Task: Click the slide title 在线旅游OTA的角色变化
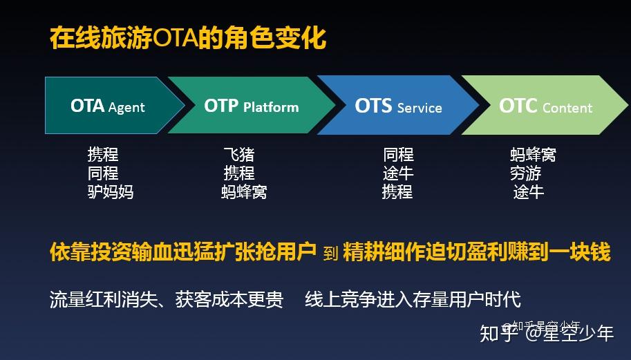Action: tap(187, 38)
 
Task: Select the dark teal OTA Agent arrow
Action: tap(107, 106)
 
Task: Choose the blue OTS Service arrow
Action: tap(398, 106)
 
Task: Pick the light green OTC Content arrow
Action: tap(545, 106)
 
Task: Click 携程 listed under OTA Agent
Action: tap(103, 154)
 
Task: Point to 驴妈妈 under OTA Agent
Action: tap(111, 191)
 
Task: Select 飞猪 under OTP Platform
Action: tap(239, 154)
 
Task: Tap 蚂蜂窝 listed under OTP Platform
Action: tap(244, 191)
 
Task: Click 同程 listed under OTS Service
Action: tap(398, 154)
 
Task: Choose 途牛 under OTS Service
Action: tap(398, 173)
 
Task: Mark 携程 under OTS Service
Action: tap(397, 191)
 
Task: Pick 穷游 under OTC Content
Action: tap(525, 173)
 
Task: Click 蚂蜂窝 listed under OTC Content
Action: tap(533, 154)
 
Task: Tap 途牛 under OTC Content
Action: tap(529, 191)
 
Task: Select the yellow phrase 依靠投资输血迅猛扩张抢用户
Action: tap(183, 252)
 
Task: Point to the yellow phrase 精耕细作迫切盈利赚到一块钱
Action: tap(477, 252)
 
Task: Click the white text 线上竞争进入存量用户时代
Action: tap(413, 299)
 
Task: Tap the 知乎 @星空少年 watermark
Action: tap(547, 333)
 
